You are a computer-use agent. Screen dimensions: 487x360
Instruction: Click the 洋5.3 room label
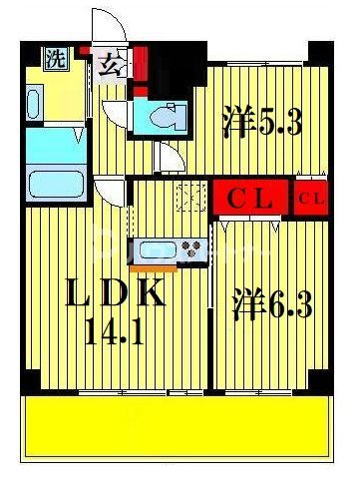click(x=260, y=125)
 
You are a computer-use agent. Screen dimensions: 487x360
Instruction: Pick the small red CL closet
click(x=310, y=199)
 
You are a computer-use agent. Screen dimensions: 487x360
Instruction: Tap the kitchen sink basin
click(x=159, y=249)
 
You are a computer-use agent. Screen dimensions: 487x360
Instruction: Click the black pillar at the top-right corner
click(x=320, y=50)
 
